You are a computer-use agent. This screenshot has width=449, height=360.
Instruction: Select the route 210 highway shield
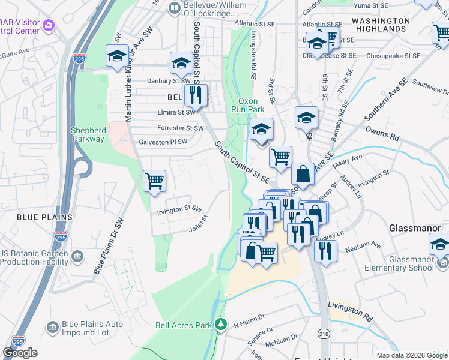(x=324, y=333)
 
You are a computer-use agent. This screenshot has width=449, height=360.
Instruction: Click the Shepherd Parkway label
(x=88, y=134)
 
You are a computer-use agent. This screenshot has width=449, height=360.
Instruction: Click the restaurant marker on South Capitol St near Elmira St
(x=194, y=95)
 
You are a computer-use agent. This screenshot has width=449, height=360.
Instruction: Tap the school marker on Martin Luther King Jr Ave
(x=116, y=56)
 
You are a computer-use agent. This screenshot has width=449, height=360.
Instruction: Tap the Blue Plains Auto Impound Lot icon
(x=52, y=326)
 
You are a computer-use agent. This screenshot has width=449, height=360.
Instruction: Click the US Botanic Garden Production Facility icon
(x=78, y=257)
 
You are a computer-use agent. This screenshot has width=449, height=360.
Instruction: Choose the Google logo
(x=20, y=353)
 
